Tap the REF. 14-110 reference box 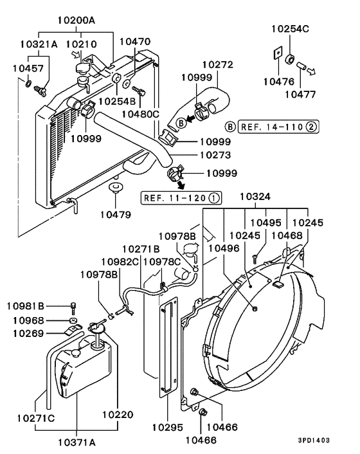tap(278, 127)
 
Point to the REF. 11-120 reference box tap(182, 197)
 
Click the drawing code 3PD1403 tap(314, 441)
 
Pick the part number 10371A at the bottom tap(76, 443)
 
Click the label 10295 tap(167, 426)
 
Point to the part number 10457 tap(31, 68)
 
